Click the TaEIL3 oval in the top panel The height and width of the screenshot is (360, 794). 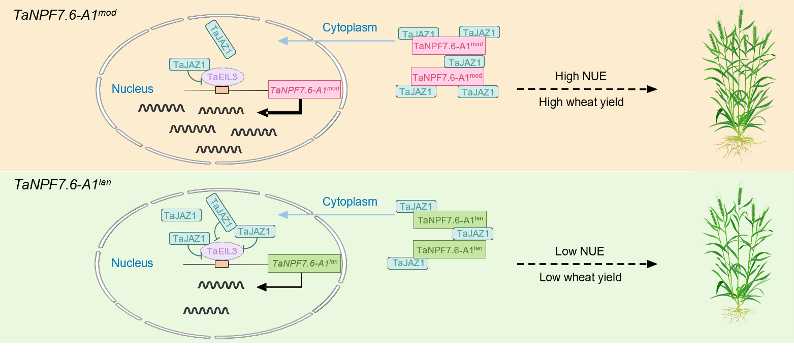coord(223,77)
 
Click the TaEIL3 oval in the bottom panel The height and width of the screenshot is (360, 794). coord(222,251)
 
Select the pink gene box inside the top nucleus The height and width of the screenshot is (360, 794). coord(304,90)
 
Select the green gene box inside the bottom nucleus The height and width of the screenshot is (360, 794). coord(304,264)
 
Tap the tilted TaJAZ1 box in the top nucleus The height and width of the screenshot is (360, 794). coord(220,39)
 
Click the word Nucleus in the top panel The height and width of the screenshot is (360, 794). coord(132,88)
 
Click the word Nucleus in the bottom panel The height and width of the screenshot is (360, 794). coord(132,263)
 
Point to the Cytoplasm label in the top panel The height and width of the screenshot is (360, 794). coord(350,27)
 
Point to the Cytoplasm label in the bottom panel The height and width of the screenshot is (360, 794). coord(350,202)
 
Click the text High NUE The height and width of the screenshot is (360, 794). coord(581,76)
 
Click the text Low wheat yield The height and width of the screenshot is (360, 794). coord(580,277)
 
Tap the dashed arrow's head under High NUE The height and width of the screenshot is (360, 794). coord(652,89)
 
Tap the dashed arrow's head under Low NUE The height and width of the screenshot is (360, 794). coord(652,264)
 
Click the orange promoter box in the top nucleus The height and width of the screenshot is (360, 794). coord(222,90)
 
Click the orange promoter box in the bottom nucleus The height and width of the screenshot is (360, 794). coord(221,264)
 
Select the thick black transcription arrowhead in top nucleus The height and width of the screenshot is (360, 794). coord(263,113)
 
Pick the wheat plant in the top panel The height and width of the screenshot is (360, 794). coord(740,83)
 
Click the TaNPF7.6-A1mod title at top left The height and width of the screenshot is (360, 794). coord(65,15)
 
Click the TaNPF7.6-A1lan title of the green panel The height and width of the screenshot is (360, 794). coord(62,184)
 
